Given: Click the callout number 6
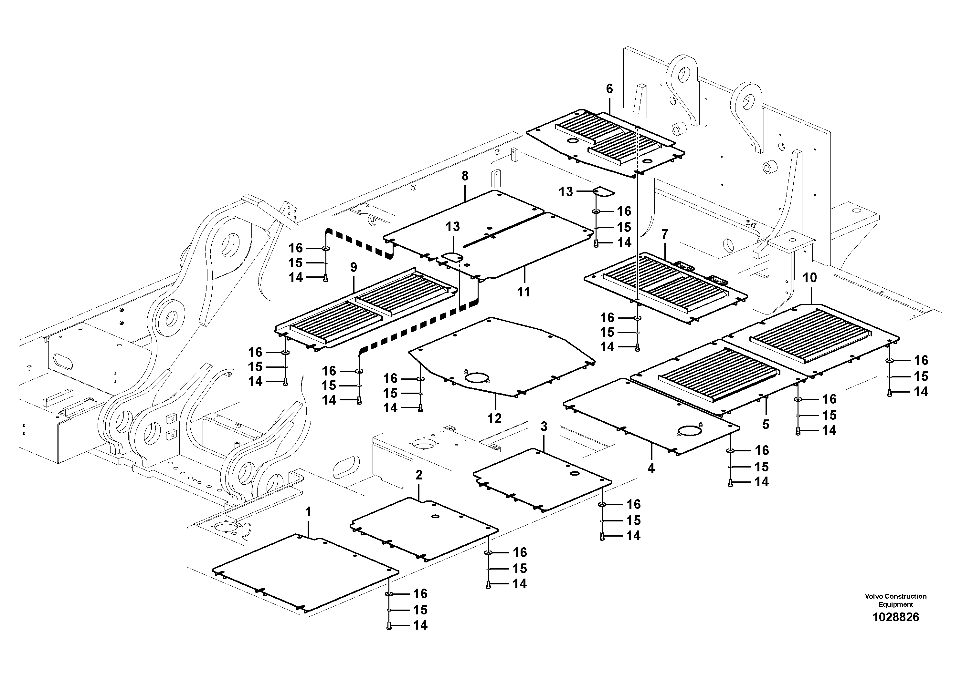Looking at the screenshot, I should pyautogui.click(x=609, y=89).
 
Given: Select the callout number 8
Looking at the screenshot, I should pyautogui.click(x=465, y=176).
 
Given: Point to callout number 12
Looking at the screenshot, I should pyautogui.click(x=494, y=418).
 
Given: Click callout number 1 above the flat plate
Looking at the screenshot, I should pyautogui.click(x=308, y=512).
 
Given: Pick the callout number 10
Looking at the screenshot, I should pyautogui.click(x=810, y=278).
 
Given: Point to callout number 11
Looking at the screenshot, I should pyautogui.click(x=524, y=292).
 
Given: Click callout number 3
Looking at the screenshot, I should pyautogui.click(x=544, y=427).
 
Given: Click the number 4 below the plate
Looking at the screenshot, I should pyautogui.click(x=651, y=468).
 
